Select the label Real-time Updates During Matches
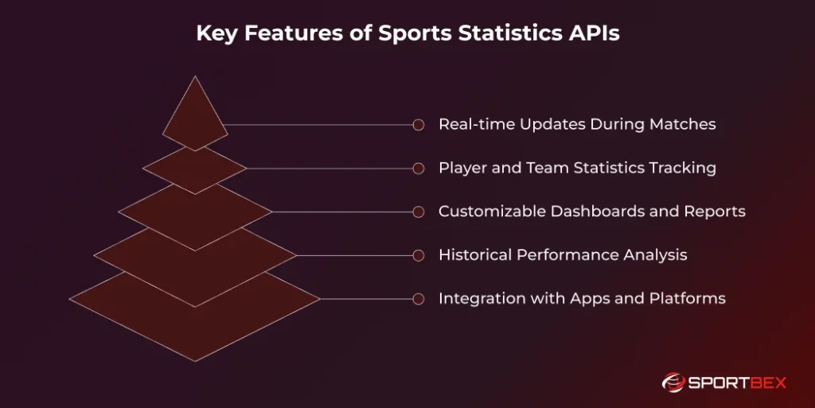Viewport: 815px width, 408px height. click(577, 124)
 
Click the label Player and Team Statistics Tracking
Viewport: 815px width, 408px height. click(577, 168)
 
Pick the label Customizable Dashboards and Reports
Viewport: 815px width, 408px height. click(591, 212)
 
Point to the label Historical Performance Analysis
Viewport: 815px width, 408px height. click(563, 255)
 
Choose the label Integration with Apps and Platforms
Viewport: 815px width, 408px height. click(582, 299)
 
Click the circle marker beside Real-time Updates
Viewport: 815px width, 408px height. click(418, 125)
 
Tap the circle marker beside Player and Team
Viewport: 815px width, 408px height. click(418, 169)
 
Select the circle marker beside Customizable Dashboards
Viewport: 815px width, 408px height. click(418, 212)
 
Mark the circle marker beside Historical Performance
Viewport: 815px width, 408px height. click(418, 256)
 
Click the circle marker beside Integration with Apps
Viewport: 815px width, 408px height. click(418, 299)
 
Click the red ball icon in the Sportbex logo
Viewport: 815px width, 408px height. click(673, 383)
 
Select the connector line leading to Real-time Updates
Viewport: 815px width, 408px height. click(318, 125)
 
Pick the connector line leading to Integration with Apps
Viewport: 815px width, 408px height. click(366, 299)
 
